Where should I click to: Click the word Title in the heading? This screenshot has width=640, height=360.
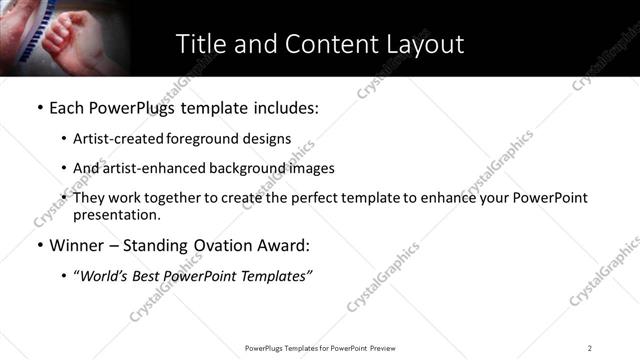point(199,44)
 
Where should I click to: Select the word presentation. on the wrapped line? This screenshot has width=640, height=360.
point(116,215)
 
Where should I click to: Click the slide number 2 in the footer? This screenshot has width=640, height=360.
point(590,348)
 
